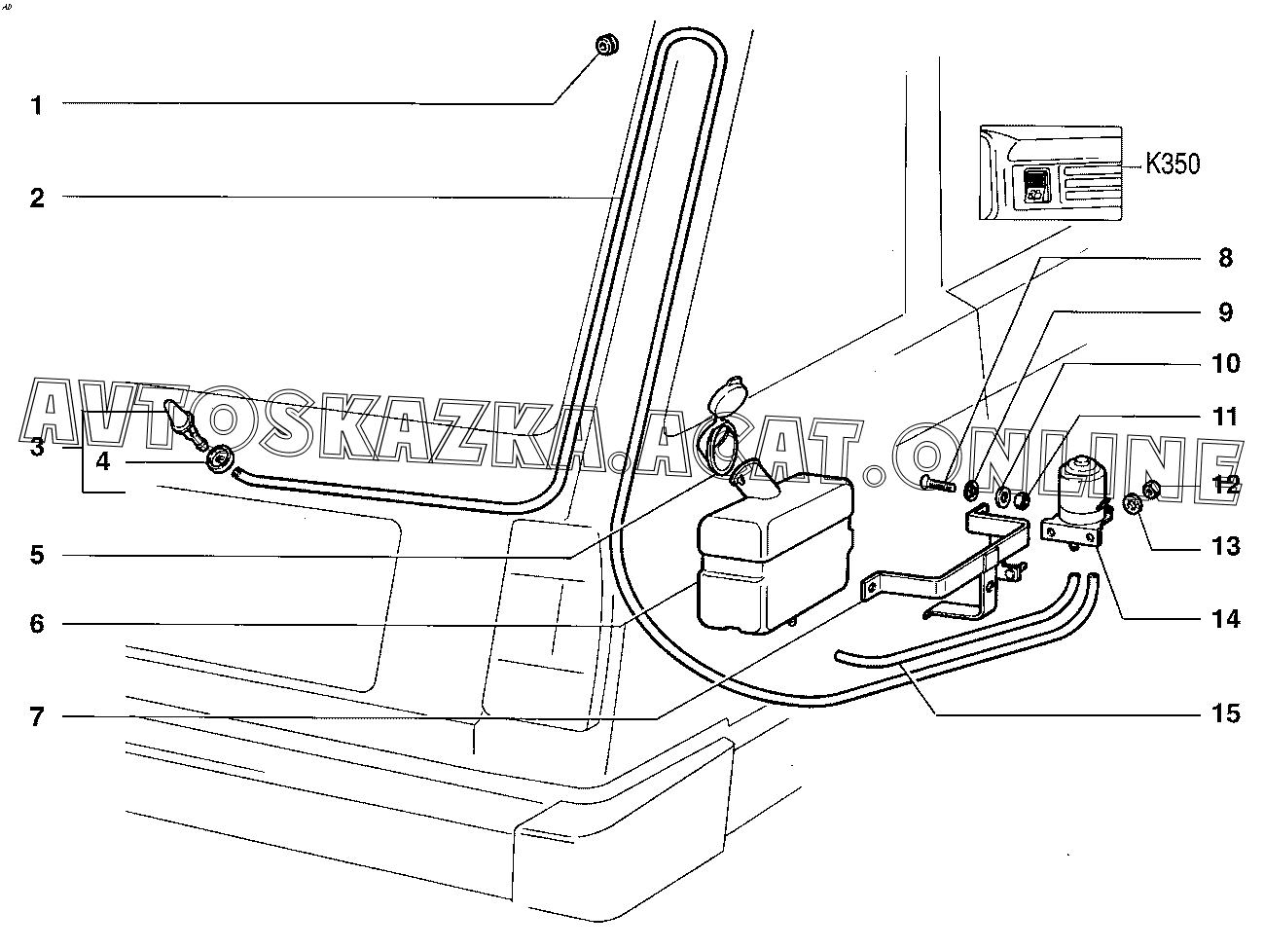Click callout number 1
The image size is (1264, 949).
[x=37, y=104]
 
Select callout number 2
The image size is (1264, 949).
[x=37, y=199]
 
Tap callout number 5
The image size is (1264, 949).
[x=37, y=556]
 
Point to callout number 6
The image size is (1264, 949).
[x=37, y=624]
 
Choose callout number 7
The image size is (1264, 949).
[x=37, y=718]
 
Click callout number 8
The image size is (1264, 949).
[x=1225, y=258]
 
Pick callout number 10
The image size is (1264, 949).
[x=1225, y=364]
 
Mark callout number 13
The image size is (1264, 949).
[x=1225, y=546]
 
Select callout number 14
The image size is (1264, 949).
[x=1225, y=618]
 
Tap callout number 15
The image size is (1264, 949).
[x=1225, y=713]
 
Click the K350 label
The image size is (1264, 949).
[x=1172, y=164]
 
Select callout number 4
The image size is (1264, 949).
[x=103, y=462]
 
